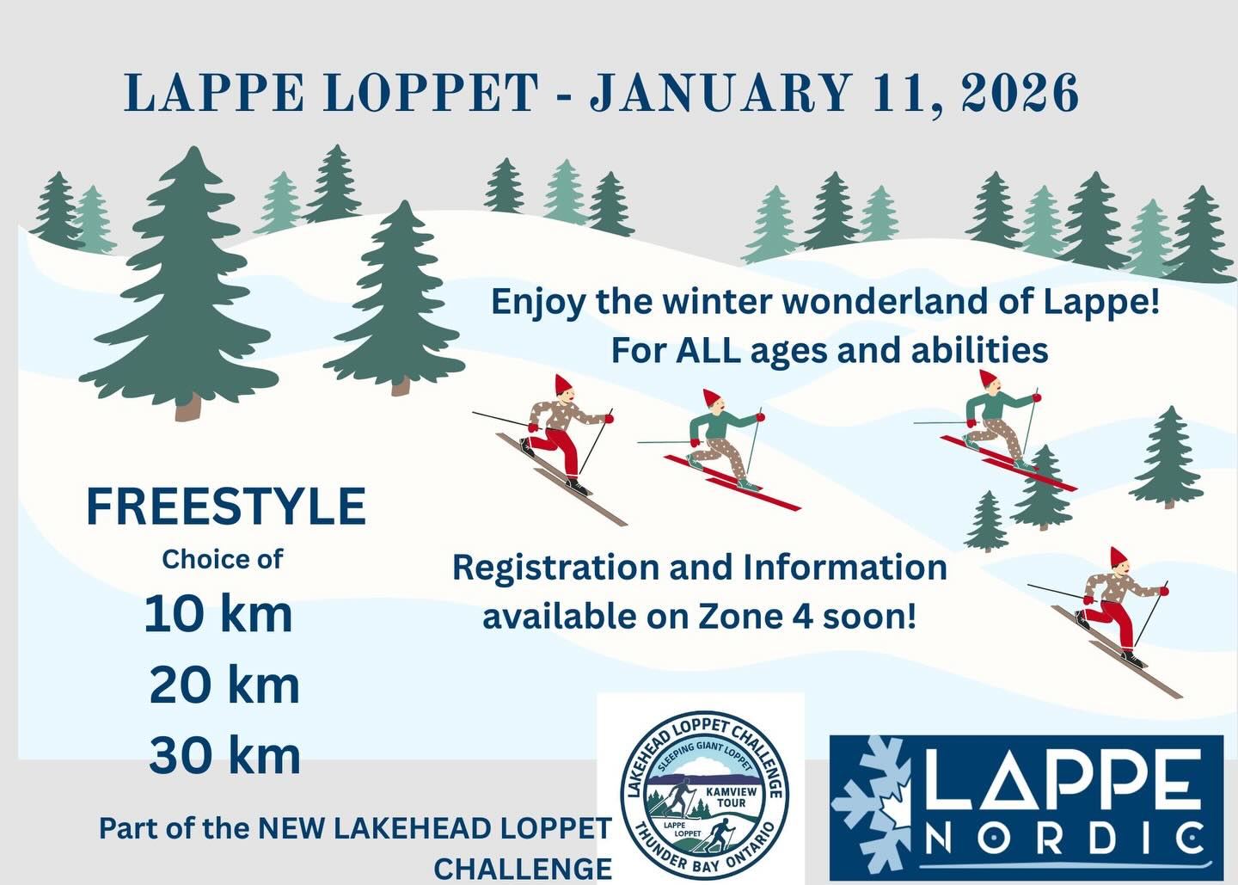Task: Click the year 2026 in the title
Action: click(x=1020, y=93)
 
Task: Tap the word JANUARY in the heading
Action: click(x=720, y=92)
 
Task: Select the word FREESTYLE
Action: click(x=226, y=506)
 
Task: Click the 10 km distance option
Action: click(x=218, y=614)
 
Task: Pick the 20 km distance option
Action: click(x=224, y=685)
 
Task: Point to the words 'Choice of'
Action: click(x=223, y=559)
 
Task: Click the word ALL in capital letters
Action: click(x=707, y=350)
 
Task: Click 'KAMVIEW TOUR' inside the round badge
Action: click(x=731, y=796)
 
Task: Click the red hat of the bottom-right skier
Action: click(x=1118, y=557)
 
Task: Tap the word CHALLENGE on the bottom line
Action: click(x=523, y=869)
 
